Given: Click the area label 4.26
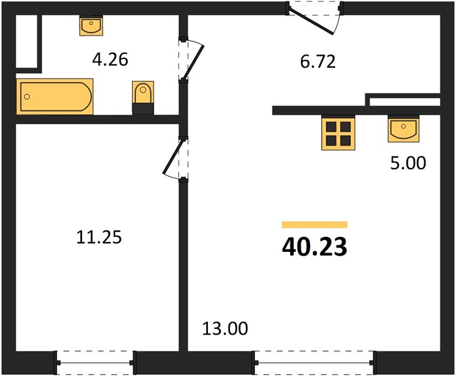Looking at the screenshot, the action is pos(110,60).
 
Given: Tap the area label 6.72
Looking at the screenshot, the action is pos(318,61).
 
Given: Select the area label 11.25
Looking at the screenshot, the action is pos(99,237).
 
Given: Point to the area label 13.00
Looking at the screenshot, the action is pos(225,328).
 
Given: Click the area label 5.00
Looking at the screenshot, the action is pos(408,163).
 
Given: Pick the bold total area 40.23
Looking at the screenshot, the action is pos(314,247).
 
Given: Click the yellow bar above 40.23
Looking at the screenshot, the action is pos(314,225).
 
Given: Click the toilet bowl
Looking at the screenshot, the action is pos(143,92).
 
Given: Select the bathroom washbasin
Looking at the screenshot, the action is pos(91,25).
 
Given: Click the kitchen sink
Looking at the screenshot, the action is pos(403,128).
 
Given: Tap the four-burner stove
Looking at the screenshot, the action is pos(338,133).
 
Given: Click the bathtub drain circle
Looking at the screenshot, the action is pos(27,97).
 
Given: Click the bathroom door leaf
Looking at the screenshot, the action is pos(193,61).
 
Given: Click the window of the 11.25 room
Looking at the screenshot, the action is pos(95,363).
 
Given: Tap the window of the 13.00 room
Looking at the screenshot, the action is pos(314,363).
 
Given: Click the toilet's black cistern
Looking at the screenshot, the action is pos(143,109).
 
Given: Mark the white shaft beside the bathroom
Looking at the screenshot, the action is pos(26,41).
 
